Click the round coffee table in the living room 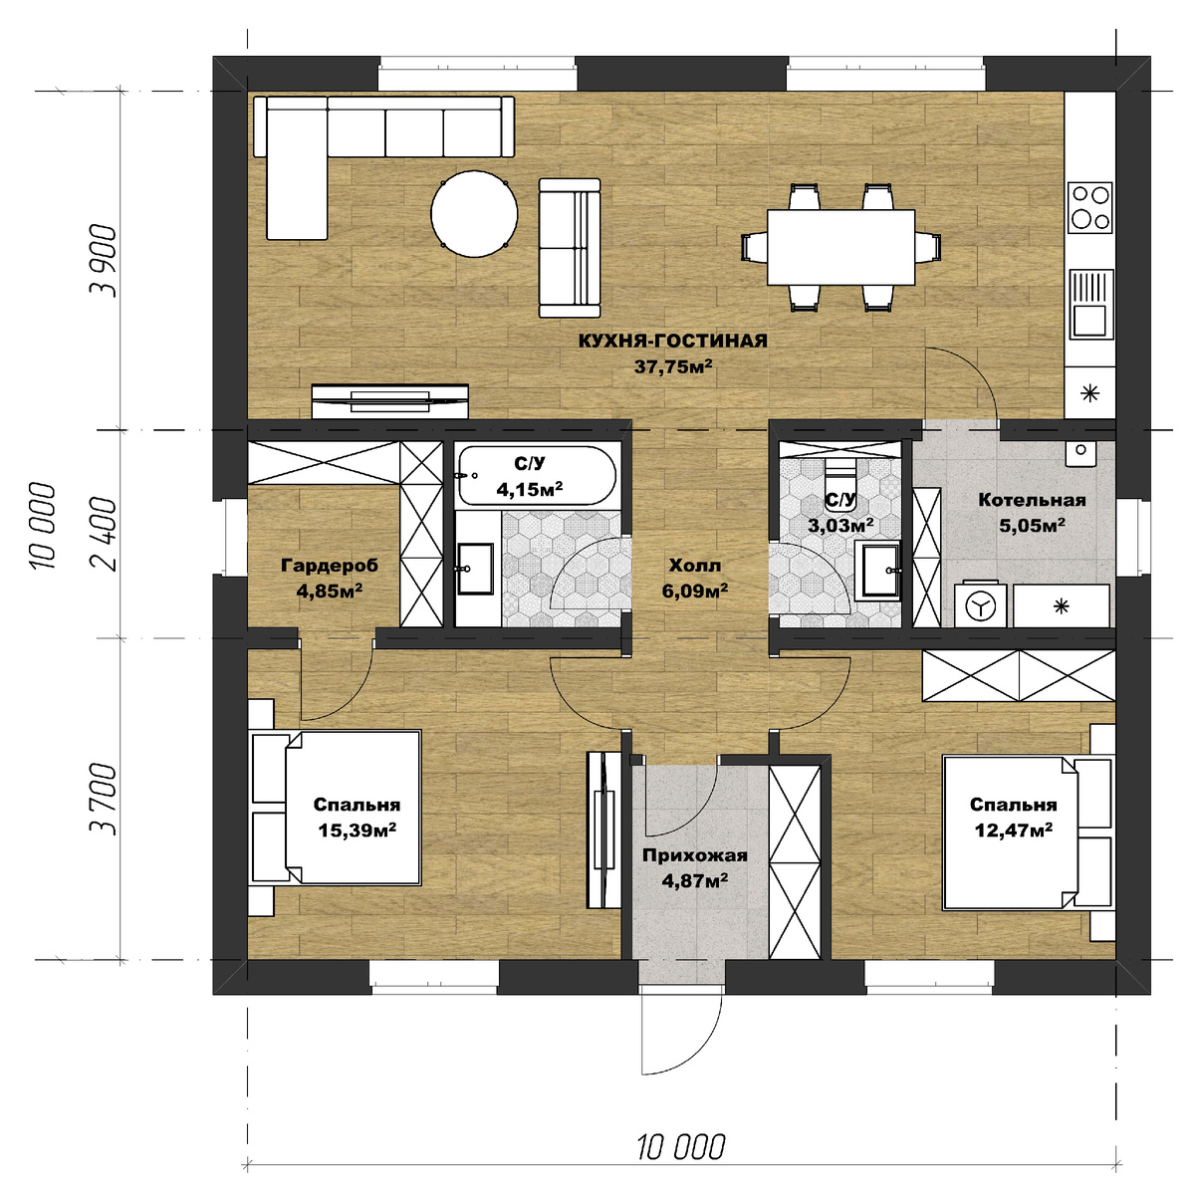pos(474,213)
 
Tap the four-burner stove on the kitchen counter pos(1090,208)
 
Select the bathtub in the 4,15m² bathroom pos(537,476)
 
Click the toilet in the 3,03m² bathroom pos(840,484)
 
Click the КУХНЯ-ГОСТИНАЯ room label pos(673,342)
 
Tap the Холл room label pos(695,565)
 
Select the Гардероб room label pos(330,565)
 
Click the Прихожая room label pos(694,855)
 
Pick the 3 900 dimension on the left pos(103,261)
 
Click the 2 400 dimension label pos(103,534)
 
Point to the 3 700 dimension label pos(103,800)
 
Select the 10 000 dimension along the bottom pos(681,1147)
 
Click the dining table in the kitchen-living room pos(840,248)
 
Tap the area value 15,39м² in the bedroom pos(358,830)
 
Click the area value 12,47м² pos(1014,830)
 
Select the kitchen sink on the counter pos(1090,305)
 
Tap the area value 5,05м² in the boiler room pos(1032,526)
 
